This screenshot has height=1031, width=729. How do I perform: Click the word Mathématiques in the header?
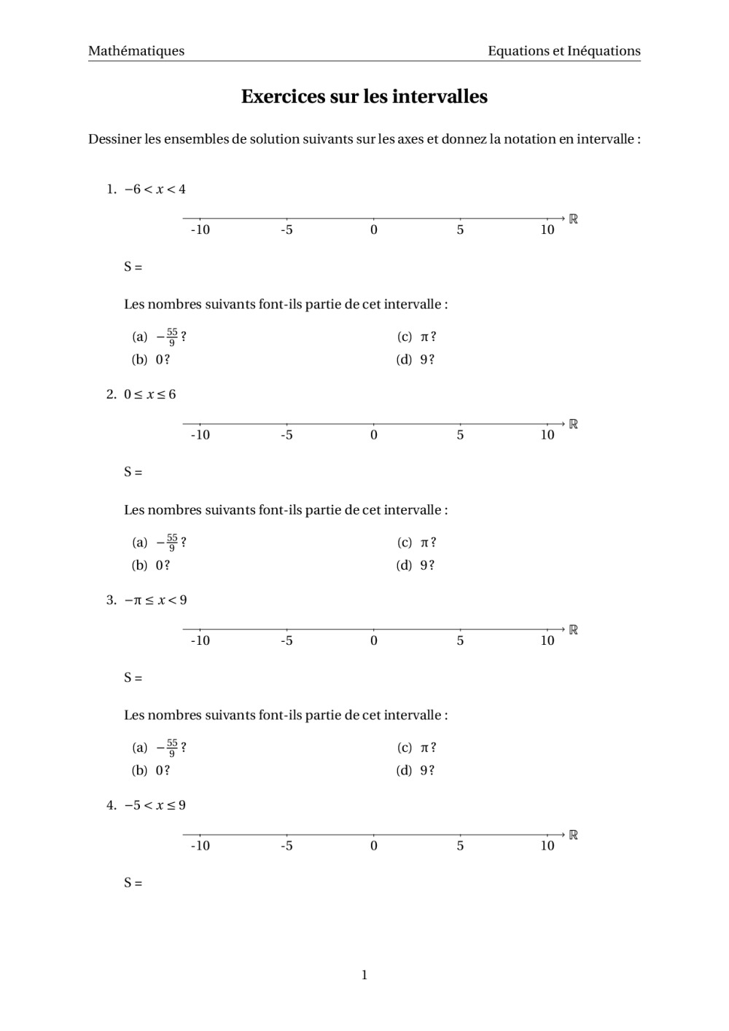tap(136, 51)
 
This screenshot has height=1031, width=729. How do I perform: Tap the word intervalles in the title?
tap(440, 97)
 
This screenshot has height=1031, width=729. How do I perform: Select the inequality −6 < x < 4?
tap(155, 189)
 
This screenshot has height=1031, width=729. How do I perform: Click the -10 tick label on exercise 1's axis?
tap(200, 230)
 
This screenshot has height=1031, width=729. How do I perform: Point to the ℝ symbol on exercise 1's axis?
tap(573, 219)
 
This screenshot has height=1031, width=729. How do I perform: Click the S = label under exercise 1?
tap(133, 267)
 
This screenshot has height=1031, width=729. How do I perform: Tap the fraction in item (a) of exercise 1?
tap(172, 337)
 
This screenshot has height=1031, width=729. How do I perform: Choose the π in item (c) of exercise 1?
tap(425, 337)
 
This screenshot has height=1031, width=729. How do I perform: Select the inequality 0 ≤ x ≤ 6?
tap(149, 395)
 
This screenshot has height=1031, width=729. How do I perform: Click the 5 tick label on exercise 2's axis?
tap(460, 435)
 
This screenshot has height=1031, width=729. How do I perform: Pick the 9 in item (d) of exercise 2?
tap(424, 565)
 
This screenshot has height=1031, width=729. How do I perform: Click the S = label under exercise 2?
tap(133, 472)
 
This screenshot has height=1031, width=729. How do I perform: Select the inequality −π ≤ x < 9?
tap(155, 600)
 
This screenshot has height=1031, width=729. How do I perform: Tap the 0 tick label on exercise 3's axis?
tap(374, 640)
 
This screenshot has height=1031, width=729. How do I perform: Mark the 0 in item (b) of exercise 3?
tap(159, 770)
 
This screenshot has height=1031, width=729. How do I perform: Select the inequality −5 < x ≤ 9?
tap(155, 805)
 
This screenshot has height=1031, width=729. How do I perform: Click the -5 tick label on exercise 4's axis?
tap(286, 846)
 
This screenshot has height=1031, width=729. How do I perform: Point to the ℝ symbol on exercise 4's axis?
tap(573, 835)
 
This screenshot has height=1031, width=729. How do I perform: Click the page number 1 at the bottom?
tap(364, 975)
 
